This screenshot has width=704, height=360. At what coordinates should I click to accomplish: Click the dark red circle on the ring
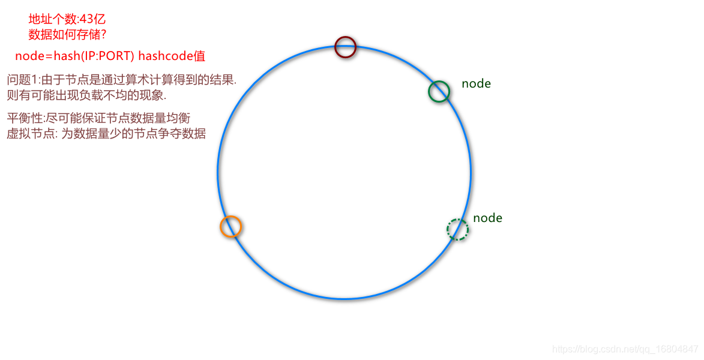pos(345,47)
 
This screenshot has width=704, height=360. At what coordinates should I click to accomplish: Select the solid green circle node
pos(439,91)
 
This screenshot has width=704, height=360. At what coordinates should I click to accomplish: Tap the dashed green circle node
pos(457,230)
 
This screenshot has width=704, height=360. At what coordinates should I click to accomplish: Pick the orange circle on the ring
pos(230,227)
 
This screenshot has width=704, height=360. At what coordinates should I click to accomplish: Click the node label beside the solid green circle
pos(476,84)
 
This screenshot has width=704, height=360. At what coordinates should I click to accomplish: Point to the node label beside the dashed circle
pos(487,218)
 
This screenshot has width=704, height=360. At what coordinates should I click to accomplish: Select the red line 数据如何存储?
pos(67,34)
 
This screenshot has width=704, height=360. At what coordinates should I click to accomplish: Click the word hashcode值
pos(172,56)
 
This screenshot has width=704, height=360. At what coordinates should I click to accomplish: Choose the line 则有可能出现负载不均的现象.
pos(86,95)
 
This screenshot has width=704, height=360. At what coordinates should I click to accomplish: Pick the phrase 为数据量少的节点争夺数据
pos(133,133)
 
